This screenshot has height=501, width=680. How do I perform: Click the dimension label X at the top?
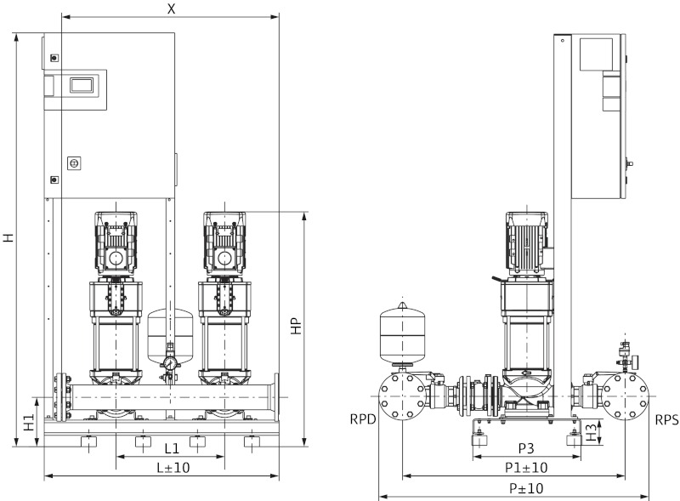click(x=172, y=8)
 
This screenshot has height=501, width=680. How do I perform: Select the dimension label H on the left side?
click(x=8, y=238)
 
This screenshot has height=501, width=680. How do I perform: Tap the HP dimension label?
click(x=296, y=328)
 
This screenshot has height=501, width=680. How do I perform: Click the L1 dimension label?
click(x=171, y=447)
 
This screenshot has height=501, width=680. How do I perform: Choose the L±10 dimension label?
click(x=171, y=467)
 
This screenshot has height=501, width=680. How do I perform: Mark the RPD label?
click(x=362, y=419)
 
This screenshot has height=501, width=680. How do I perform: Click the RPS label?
click(x=666, y=419)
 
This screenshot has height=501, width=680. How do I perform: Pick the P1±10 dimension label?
click(x=526, y=467)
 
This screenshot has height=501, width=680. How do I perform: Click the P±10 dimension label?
click(x=526, y=487)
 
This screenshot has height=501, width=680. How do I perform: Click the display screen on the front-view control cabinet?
click(x=83, y=85)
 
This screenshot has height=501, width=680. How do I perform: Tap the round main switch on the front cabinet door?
click(x=72, y=162)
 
